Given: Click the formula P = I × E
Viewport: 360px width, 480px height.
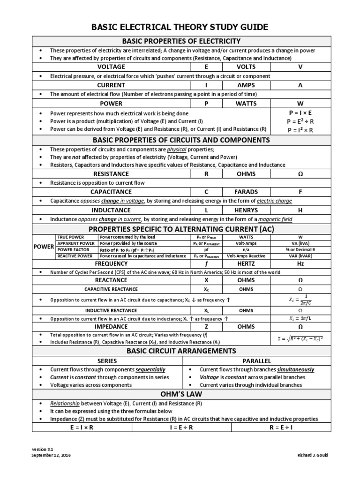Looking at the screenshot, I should pyautogui.click(x=300, y=113).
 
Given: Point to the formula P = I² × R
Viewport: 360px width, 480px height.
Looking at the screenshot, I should pyautogui.click(x=300, y=130).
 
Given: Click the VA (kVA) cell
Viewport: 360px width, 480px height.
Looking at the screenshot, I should pyautogui.click(x=300, y=243).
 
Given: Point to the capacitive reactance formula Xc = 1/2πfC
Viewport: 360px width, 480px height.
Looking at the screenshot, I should pyautogui.click(x=300, y=300).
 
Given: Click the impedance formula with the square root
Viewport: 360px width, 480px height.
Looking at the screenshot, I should pyautogui.click(x=300, y=338).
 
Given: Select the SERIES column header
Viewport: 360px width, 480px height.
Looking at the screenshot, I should pyautogui.click(x=106, y=361).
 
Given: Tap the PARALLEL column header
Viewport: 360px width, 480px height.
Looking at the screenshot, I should pyautogui.click(x=256, y=361).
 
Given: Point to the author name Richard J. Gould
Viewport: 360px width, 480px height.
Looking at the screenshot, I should pyautogui.click(x=312, y=455).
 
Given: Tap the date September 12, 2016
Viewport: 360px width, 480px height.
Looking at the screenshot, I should pyautogui.click(x=52, y=455).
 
